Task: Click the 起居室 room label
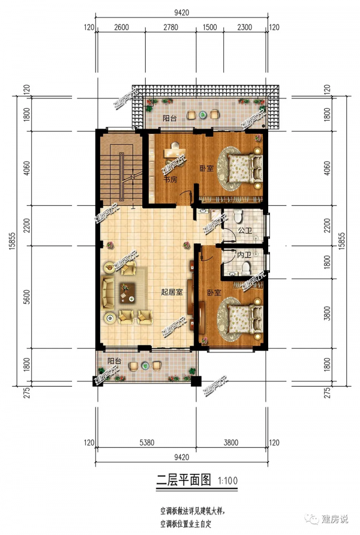(x=172, y=292)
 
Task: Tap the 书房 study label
(x=170, y=179)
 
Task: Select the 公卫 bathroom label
(x=245, y=231)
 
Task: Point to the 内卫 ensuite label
(x=244, y=255)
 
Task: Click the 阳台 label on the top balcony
(x=169, y=118)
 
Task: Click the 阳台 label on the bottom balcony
(x=114, y=361)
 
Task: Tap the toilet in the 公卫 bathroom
(x=238, y=216)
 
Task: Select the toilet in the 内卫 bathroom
(x=246, y=268)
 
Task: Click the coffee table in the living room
(x=127, y=293)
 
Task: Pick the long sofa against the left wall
(x=108, y=294)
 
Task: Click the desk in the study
(x=174, y=153)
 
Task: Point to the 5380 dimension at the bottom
(x=147, y=443)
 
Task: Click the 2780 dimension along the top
(x=170, y=27)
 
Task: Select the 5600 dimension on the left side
(x=27, y=297)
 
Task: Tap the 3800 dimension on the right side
(x=327, y=313)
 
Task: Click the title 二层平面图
(x=184, y=480)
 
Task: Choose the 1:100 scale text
(x=228, y=481)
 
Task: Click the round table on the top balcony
(x=203, y=115)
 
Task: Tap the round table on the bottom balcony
(x=146, y=366)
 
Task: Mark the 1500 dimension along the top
(x=209, y=27)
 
